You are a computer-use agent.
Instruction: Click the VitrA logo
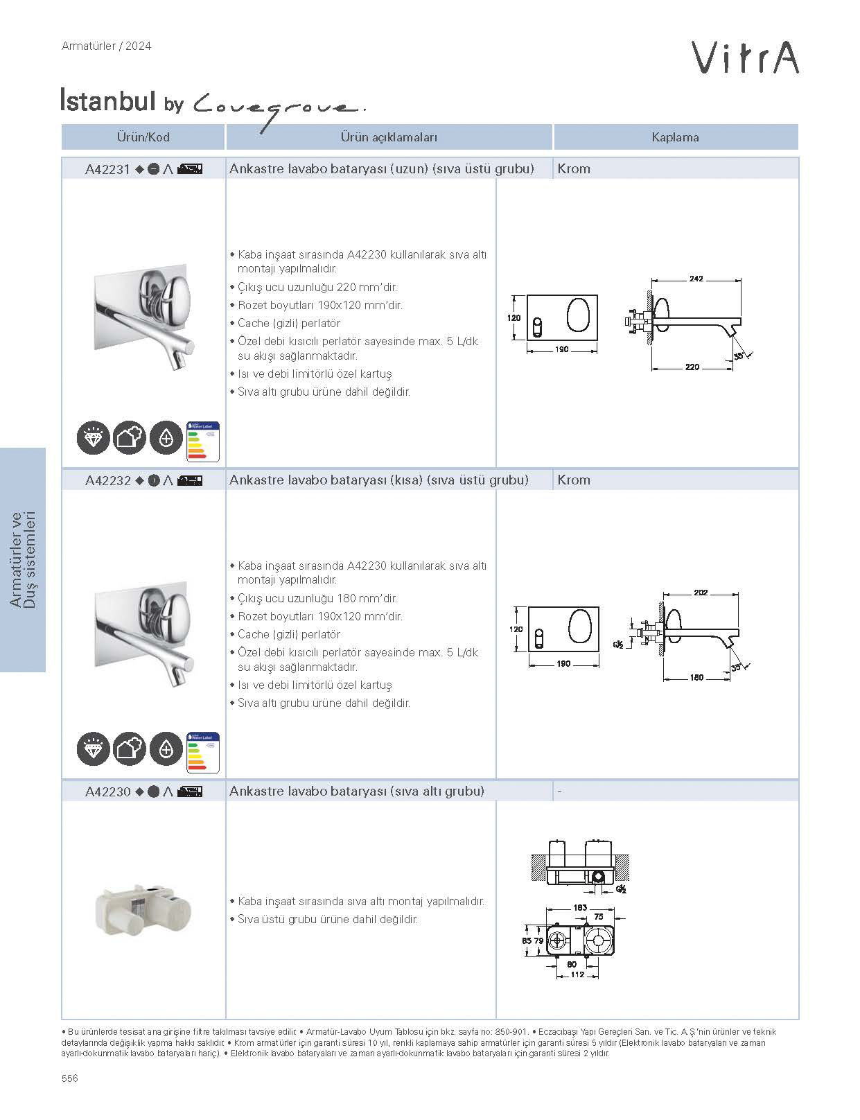[746, 58]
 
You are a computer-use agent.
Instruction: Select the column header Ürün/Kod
[143, 137]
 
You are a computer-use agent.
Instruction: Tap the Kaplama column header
[675, 137]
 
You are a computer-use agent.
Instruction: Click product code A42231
[107, 169]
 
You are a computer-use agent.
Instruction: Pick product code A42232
[107, 480]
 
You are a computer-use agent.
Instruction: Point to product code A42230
[107, 791]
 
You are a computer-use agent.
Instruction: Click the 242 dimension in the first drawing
[696, 279]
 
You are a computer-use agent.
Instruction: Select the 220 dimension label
[692, 367]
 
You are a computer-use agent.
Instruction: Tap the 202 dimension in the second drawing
[700, 593]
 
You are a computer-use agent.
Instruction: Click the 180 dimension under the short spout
[696, 677]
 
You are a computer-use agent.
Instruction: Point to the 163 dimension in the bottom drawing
[579, 907]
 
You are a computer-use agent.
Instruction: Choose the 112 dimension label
[577, 974]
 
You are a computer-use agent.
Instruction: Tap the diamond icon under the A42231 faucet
[93, 439]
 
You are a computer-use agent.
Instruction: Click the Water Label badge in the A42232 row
[203, 753]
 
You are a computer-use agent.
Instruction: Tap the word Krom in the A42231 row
[574, 169]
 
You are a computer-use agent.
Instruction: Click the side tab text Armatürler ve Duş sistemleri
[23, 560]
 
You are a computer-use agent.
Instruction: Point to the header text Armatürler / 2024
[106, 46]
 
